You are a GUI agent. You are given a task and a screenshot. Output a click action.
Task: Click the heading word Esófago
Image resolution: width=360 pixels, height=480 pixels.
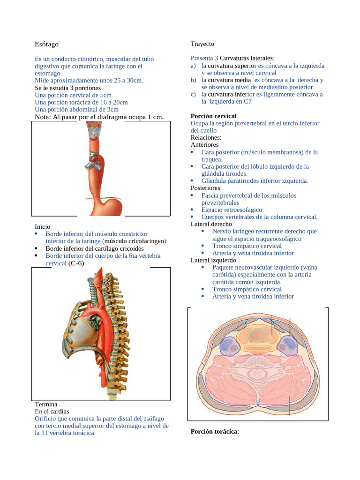point(47,44)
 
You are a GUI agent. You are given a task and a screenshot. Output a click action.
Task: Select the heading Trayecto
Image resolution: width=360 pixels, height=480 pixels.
point(202,44)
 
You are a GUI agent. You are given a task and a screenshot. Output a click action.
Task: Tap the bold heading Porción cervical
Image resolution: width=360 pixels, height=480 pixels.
point(213,116)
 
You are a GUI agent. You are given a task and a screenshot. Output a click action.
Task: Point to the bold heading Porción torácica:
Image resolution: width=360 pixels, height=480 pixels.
point(215,431)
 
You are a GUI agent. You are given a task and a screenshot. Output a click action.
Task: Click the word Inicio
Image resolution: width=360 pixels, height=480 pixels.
point(43,226)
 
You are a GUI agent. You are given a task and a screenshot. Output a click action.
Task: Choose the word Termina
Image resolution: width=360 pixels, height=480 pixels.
point(46,404)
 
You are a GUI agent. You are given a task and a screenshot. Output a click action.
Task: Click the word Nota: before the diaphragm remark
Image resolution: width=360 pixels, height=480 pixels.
point(45,117)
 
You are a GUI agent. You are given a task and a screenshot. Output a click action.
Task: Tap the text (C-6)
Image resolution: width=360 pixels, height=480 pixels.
point(76,263)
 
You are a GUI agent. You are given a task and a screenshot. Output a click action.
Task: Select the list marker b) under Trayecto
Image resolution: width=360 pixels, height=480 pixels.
point(193,80)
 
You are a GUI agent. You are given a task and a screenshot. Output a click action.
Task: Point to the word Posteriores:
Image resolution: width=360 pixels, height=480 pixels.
point(206,188)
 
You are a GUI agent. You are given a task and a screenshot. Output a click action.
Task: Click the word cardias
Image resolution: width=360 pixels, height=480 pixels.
point(60,411)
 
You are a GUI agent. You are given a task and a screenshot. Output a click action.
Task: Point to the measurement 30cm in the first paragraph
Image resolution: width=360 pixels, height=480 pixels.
point(134,81)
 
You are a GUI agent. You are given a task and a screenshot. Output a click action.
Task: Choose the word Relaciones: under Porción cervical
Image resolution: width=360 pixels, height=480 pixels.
point(206,138)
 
